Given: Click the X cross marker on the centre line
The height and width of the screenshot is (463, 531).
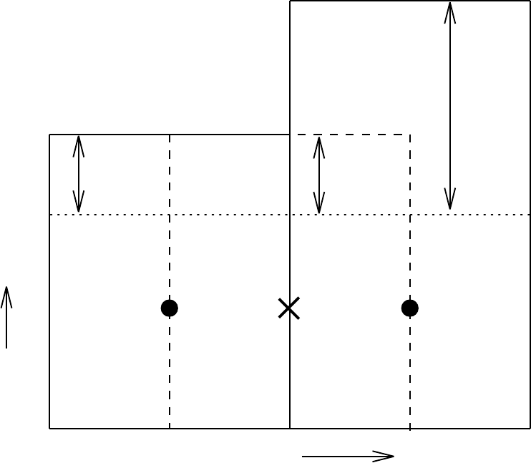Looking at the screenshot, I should click(x=288, y=308).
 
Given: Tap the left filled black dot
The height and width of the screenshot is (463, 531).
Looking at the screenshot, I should click(x=170, y=308).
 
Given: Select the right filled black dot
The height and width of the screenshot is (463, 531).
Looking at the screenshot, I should click(x=410, y=308).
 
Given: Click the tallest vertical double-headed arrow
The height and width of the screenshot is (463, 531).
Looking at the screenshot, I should click(x=450, y=106).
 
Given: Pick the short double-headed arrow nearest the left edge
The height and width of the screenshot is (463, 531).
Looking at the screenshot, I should click(x=79, y=174).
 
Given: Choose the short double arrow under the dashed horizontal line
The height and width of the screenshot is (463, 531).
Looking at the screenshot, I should click(x=319, y=175).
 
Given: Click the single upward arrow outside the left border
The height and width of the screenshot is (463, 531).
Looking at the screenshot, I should click(x=6, y=317).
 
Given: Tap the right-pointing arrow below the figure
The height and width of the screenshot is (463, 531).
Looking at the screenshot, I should click(x=348, y=456).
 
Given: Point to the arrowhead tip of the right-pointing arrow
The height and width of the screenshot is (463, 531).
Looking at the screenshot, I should click(x=394, y=456).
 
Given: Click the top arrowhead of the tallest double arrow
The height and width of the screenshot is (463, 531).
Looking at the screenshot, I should click(x=450, y=4).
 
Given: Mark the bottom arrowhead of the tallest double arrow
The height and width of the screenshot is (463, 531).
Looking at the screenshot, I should click(x=450, y=209).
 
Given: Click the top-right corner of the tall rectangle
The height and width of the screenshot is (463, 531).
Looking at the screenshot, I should click(x=530, y=1).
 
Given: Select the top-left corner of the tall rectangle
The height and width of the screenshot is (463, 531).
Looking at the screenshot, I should click(x=290, y=1).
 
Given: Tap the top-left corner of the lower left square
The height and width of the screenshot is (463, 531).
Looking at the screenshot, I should click(x=49, y=135).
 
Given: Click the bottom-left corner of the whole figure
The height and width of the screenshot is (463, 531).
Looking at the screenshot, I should click(x=49, y=429).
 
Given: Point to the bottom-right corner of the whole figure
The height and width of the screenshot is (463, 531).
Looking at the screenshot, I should click(x=530, y=429).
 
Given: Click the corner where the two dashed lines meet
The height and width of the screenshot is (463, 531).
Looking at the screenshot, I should click(x=410, y=135).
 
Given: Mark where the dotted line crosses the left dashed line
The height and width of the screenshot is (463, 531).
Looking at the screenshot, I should click(x=170, y=214).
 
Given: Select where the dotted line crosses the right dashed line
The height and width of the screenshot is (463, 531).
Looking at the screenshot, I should click(x=410, y=214).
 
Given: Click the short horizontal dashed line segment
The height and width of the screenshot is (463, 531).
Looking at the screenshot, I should click(x=351, y=135).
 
